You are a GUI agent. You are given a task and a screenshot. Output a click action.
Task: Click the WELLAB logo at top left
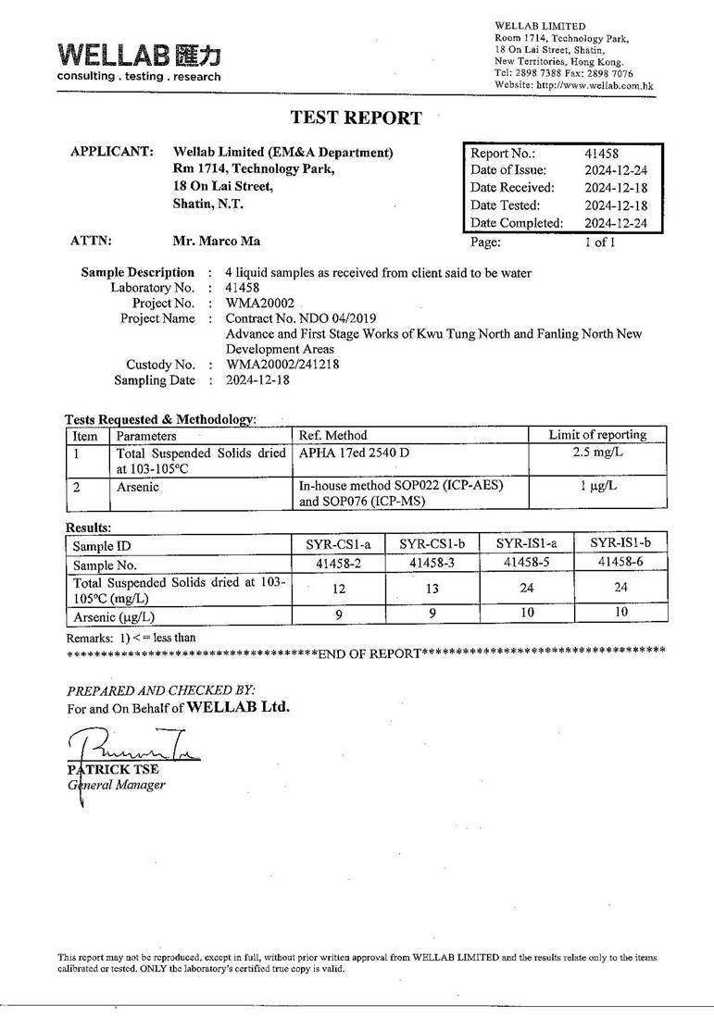139,61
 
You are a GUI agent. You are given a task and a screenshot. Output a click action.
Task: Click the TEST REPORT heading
356,118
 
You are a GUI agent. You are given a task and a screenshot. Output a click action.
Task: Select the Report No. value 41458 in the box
602,154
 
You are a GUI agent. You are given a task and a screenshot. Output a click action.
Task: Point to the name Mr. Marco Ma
217,242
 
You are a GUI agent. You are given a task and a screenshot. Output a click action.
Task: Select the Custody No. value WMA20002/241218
282,365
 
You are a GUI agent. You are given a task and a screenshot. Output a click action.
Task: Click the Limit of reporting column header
597,435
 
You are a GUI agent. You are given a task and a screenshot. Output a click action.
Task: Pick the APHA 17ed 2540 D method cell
355,453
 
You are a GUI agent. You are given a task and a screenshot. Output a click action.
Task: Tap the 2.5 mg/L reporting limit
597,453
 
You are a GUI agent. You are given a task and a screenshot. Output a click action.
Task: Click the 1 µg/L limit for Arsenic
597,486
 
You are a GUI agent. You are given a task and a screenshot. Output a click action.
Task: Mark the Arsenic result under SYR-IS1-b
620,612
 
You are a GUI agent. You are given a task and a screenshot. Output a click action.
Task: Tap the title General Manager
117,785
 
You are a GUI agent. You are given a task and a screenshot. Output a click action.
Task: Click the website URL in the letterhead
574,86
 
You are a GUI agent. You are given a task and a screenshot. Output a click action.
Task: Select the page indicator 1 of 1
599,242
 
